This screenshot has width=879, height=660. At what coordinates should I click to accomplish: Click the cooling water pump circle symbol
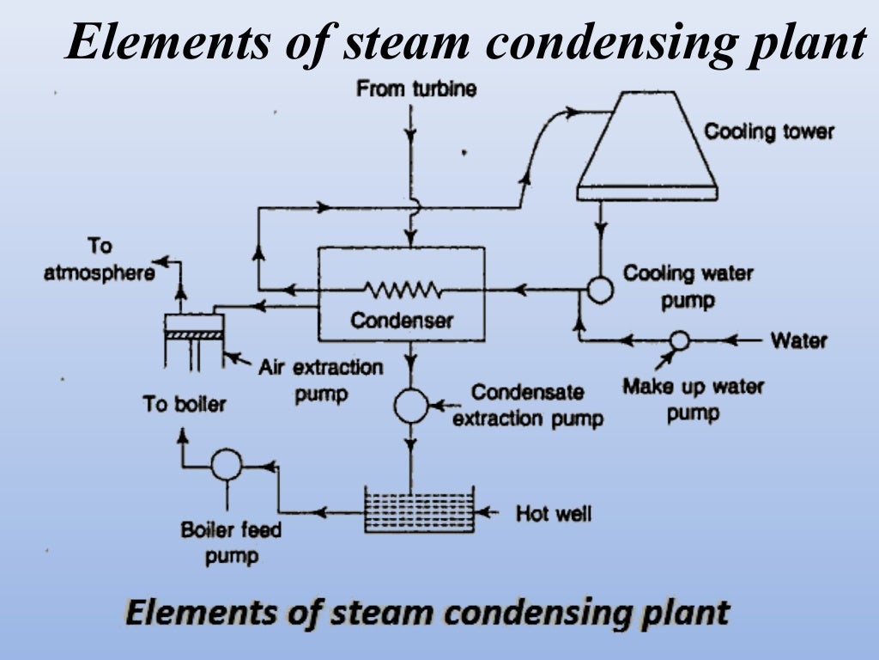point(600,290)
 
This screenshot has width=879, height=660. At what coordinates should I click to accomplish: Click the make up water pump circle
point(679,340)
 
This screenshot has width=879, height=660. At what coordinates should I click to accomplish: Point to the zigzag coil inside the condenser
point(402,290)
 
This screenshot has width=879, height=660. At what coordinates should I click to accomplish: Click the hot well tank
point(419,510)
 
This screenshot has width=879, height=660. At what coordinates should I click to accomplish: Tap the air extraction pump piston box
point(194,325)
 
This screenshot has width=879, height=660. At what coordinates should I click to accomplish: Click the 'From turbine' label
point(416,89)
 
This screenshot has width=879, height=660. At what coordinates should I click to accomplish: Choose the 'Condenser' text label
point(401,321)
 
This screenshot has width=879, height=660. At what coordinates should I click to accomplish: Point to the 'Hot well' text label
point(553,514)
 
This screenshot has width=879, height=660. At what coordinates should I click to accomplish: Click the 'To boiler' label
point(185,403)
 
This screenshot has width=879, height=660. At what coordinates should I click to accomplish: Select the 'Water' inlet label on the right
point(798,340)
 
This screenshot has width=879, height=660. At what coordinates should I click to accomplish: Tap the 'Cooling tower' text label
point(768,131)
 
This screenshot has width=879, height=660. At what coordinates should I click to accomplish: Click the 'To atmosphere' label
point(100,260)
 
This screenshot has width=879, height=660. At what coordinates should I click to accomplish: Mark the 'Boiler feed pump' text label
point(231,543)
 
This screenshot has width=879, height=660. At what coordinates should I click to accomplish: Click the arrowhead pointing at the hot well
point(485,513)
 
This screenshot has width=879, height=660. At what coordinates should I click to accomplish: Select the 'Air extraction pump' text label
point(320,381)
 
